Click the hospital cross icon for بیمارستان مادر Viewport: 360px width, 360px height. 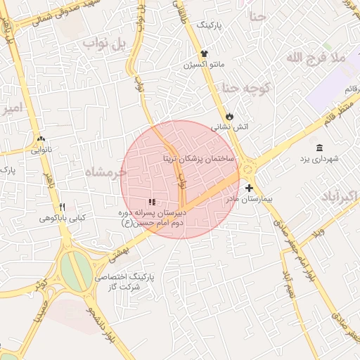pyautogui.click(x=250, y=188)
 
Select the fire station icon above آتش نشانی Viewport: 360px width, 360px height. pyautogui.click(x=229, y=116)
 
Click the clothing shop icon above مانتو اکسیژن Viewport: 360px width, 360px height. pyautogui.click(x=204, y=53)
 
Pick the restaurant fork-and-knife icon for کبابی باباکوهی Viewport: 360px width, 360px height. pyautogui.click(x=62, y=207)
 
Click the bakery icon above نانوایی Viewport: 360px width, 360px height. pyautogui.click(x=41, y=139)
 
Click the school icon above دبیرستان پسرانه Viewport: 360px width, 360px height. pyautogui.click(x=153, y=202)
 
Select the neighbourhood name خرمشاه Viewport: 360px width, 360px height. pyautogui.click(x=105, y=172)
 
